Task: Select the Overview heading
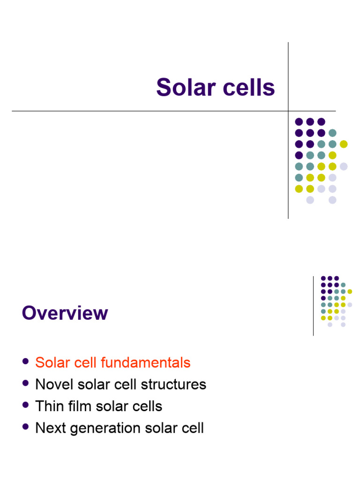coord(65,313)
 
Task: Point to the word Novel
coord(51,384)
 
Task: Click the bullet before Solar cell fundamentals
coord(25,362)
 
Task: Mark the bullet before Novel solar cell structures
coord(25,383)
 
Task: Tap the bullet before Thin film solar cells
coord(25,405)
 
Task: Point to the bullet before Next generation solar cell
coord(25,427)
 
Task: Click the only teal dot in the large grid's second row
coord(332,133)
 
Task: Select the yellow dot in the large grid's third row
coord(344,144)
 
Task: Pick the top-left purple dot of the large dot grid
coord(299,121)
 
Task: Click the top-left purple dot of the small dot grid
coord(323,278)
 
